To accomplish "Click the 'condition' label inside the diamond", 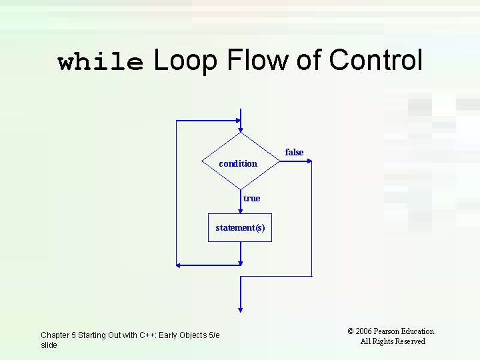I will click(x=238, y=163).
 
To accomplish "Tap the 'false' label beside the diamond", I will click(x=294, y=153).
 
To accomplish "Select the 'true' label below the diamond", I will click(x=251, y=198).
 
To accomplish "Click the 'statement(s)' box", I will click(x=240, y=227).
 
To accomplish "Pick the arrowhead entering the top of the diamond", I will click(x=241, y=120).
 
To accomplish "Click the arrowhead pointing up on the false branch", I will click(x=311, y=165).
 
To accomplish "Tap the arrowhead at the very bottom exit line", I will click(x=241, y=308).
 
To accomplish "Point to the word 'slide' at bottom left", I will click(x=49, y=345).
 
